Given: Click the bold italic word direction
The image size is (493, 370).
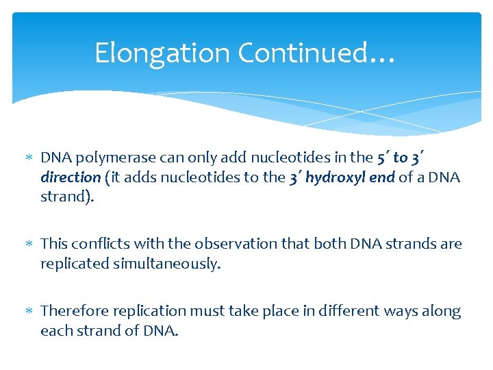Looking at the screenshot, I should (71, 177).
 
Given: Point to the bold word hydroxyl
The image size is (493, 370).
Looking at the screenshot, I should (332, 177).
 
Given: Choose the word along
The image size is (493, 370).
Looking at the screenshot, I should (443, 311).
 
